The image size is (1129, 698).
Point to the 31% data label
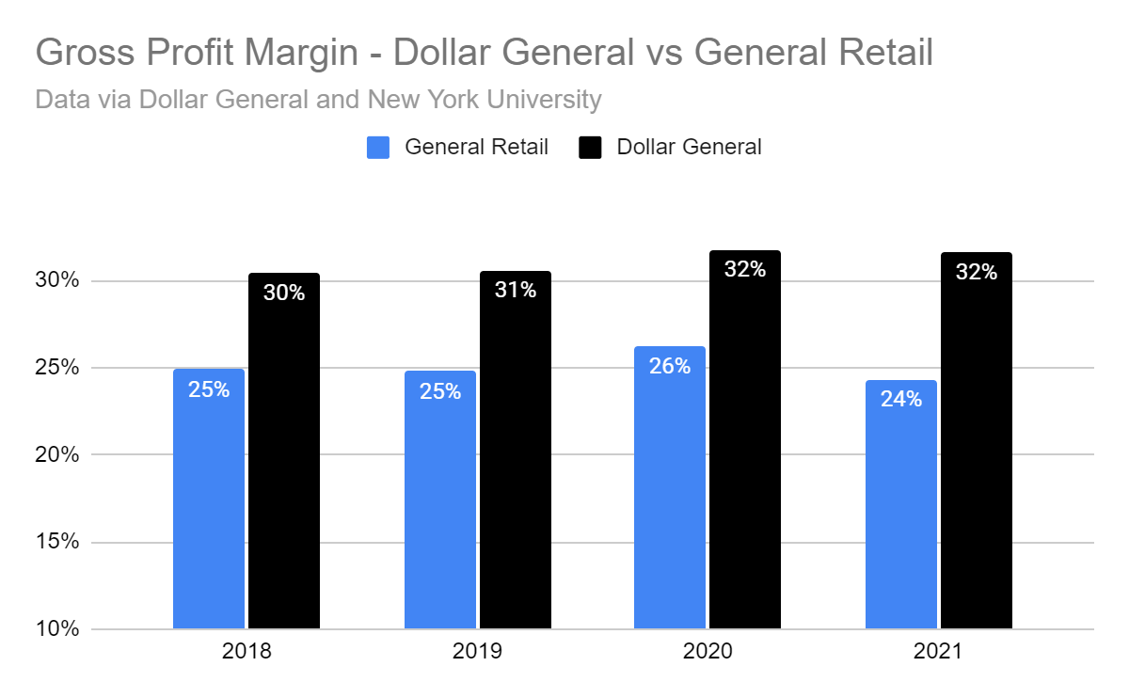(516, 290)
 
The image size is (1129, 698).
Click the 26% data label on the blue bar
(670, 366)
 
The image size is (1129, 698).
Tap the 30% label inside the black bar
(284, 293)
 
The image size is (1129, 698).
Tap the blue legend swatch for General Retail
(378, 148)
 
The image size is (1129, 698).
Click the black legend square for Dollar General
(590, 148)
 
